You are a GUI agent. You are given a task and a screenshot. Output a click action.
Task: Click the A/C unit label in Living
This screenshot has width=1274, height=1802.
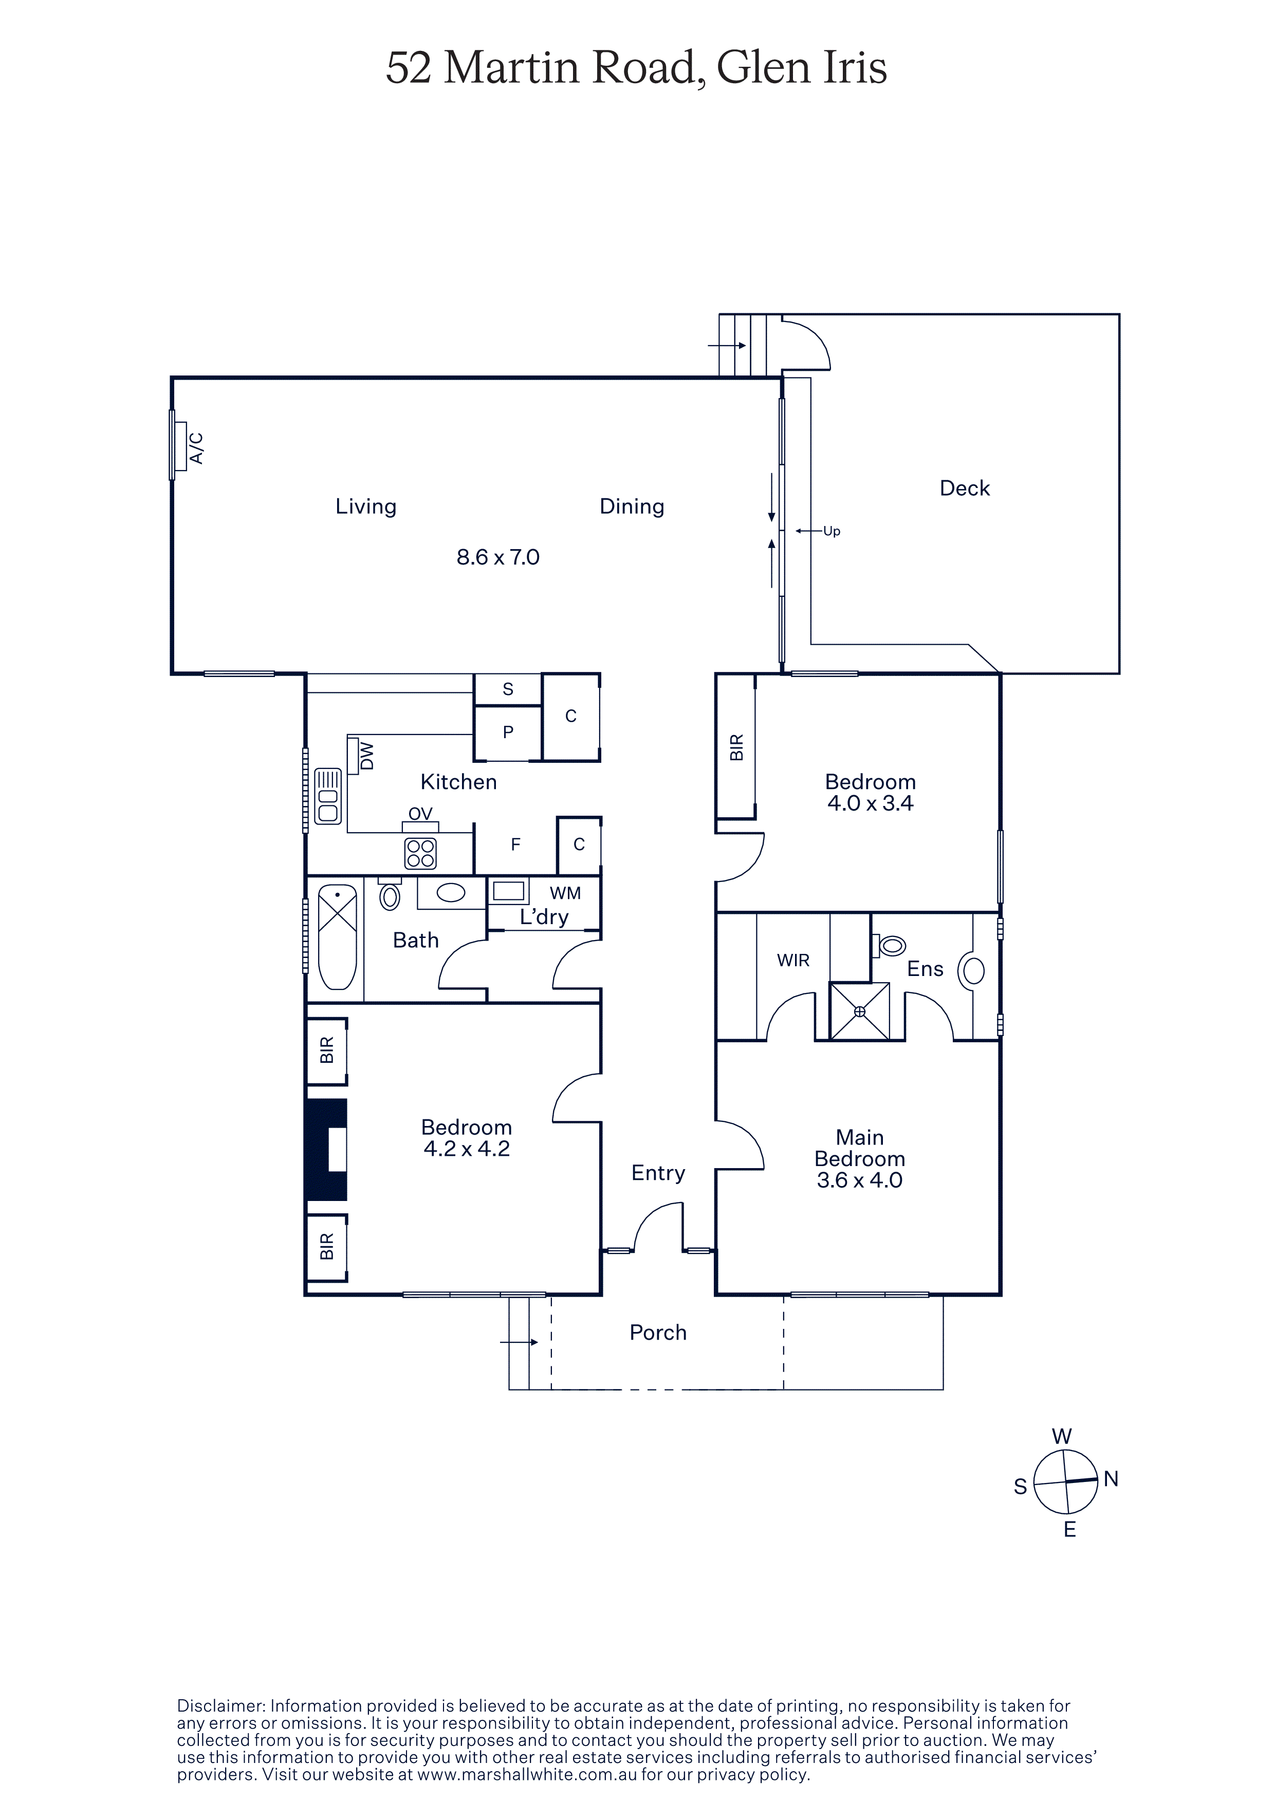(x=196, y=448)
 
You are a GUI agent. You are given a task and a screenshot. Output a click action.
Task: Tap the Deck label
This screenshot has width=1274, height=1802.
(x=964, y=488)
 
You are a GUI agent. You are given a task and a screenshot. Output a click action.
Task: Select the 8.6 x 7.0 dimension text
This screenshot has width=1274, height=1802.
(x=497, y=557)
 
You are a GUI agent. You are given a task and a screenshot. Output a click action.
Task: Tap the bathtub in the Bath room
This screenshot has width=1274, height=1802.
(x=338, y=937)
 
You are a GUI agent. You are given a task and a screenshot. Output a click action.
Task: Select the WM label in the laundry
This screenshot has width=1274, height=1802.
(x=565, y=893)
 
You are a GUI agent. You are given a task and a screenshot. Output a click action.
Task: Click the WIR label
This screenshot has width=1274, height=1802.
(x=793, y=960)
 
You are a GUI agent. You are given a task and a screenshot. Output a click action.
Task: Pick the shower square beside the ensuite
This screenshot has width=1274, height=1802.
(x=860, y=1011)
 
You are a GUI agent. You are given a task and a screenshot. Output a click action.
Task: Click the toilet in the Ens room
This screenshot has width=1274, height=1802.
(x=890, y=946)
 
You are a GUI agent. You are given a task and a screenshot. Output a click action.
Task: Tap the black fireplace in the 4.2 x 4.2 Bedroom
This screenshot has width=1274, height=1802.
(x=326, y=1150)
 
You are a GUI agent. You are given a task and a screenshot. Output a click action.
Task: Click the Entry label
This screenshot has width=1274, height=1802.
(x=658, y=1173)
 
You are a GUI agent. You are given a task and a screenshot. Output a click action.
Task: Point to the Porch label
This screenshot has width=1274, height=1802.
(x=658, y=1332)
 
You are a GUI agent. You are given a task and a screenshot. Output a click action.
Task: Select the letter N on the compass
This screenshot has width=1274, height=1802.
(x=1111, y=1479)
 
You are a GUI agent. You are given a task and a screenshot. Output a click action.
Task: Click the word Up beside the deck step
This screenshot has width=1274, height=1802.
(x=832, y=531)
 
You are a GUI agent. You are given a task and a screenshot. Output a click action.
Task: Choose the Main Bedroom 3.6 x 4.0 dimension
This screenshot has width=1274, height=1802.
(x=860, y=1180)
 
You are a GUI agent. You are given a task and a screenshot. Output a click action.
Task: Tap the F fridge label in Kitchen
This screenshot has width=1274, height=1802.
(x=516, y=844)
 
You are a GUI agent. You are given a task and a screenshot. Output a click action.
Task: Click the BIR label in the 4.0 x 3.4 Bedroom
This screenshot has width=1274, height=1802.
(x=736, y=747)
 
